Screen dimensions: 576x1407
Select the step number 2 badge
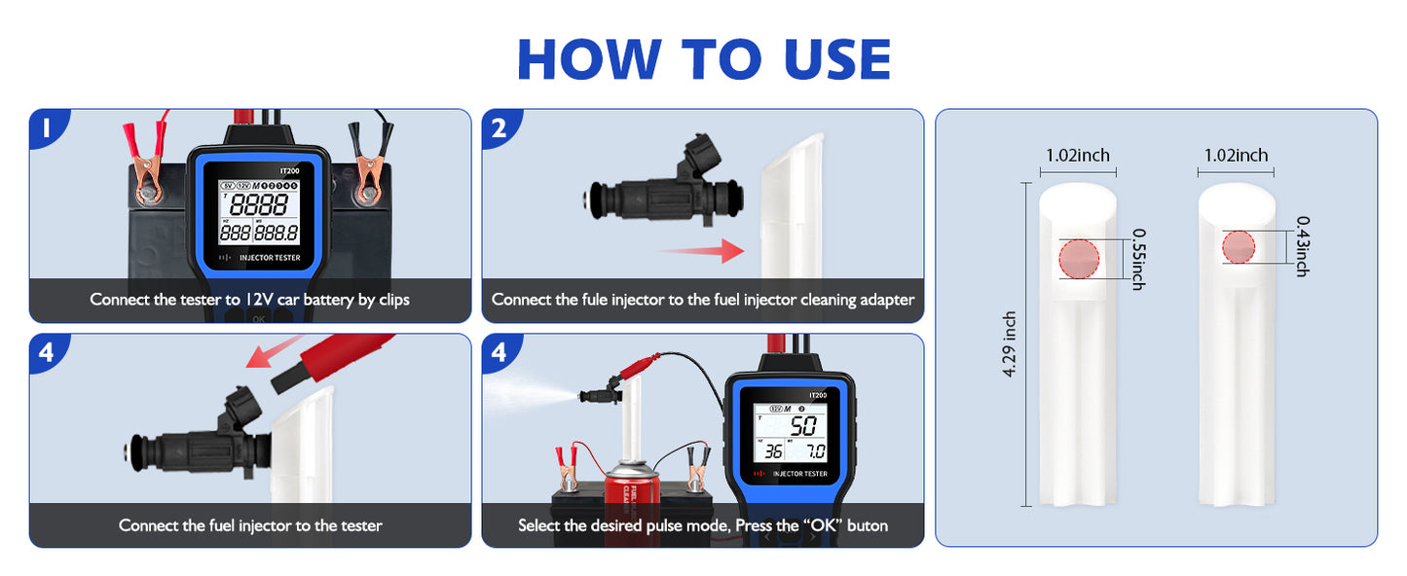tap(500, 127)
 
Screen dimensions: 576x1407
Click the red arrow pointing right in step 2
tap(701, 253)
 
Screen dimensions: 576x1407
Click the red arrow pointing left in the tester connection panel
tap(273, 355)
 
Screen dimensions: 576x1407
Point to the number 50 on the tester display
tap(803, 425)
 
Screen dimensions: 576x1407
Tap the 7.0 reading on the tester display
tap(814, 452)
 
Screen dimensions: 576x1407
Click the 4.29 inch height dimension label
tap(1010, 345)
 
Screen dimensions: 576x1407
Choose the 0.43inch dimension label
tap(1302, 247)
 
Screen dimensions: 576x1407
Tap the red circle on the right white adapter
tap(1239, 247)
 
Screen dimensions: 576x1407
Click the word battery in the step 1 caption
tap(328, 300)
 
